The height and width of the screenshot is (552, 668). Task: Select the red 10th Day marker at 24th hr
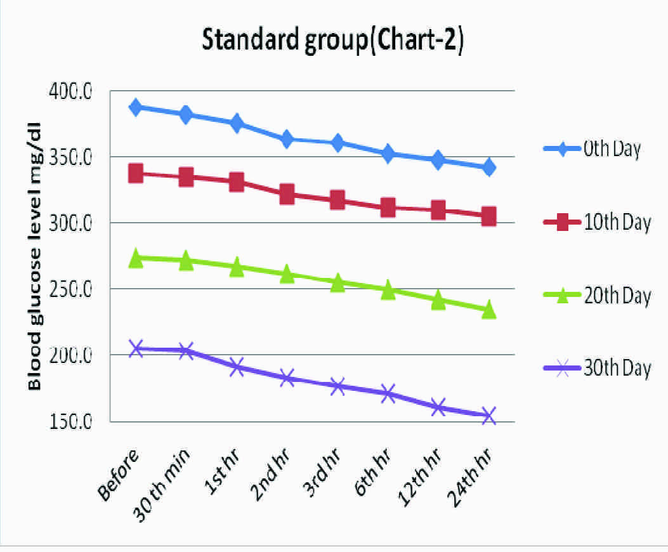488,216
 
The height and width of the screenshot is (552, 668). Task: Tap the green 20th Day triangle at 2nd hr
287,274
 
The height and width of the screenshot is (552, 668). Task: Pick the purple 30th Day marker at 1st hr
237,367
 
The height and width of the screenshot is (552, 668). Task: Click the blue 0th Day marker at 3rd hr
337,143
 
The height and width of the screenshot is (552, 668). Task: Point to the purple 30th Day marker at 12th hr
438,407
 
